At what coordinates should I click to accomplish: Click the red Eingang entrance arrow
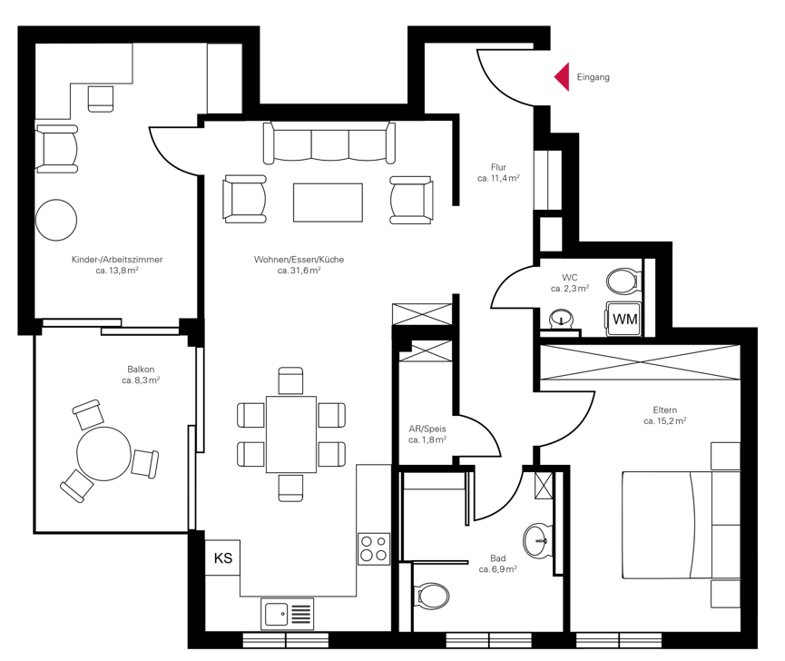(x=564, y=77)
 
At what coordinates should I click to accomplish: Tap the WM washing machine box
(x=623, y=319)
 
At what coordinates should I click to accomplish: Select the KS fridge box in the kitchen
(x=222, y=557)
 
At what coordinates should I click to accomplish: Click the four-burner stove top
(x=374, y=548)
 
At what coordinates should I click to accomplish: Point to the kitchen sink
(x=288, y=614)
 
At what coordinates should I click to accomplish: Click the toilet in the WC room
(x=623, y=281)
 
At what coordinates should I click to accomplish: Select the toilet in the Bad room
(x=433, y=596)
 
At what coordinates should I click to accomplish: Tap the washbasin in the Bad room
(x=538, y=541)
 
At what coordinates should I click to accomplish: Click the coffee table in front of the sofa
(x=328, y=202)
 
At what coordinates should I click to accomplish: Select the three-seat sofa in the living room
(x=329, y=143)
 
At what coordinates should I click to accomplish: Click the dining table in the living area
(x=291, y=434)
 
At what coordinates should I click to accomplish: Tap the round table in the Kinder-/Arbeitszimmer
(x=56, y=220)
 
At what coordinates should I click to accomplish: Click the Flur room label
(x=498, y=167)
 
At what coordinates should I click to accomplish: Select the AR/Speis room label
(x=427, y=429)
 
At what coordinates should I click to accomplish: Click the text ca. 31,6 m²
(x=299, y=271)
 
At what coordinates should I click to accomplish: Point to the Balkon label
(x=141, y=370)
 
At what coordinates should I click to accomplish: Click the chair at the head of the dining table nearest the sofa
(x=290, y=381)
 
